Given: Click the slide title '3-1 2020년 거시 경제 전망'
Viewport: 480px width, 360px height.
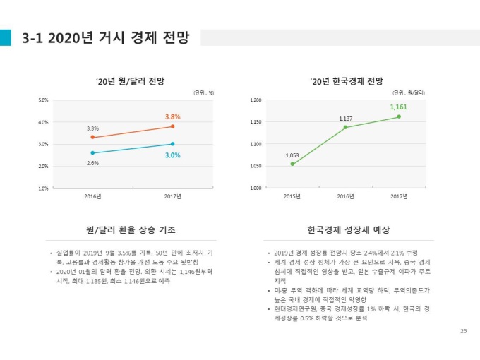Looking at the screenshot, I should (105, 37).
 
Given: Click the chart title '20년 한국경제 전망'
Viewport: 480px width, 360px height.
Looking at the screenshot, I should (346, 81).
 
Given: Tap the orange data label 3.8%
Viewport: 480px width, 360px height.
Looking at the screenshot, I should (173, 116).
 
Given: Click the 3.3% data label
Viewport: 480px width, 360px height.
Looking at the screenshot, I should (92, 128).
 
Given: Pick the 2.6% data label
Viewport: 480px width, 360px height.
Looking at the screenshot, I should (92, 162).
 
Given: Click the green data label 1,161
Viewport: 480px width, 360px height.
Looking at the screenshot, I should (398, 107).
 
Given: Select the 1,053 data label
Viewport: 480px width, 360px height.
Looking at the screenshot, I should (292, 155).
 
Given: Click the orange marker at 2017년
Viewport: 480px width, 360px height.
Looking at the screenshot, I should (173, 126).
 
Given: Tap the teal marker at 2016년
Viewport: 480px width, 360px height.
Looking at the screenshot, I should (92, 152).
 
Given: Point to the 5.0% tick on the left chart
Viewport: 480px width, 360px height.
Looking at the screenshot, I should (43, 100).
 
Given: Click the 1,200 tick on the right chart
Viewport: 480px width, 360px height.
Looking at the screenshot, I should (256, 100).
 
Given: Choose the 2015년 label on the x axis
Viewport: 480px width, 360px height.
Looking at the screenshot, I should (292, 196).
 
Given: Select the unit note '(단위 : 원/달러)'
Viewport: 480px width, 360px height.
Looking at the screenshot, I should (409, 92).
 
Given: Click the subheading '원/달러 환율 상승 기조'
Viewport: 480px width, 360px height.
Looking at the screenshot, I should (131, 230).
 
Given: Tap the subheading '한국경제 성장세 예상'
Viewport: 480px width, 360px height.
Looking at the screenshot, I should (349, 230).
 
